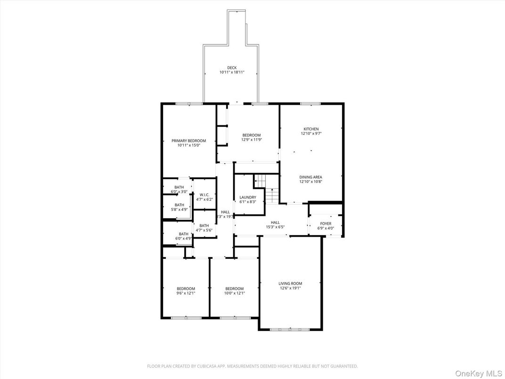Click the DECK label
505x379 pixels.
(x=232, y=68)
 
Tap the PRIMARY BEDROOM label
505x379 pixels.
(x=188, y=141)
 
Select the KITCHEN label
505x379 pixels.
(x=311, y=129)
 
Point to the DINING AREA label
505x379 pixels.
(x=311, y=177)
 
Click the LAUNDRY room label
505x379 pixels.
(x=248, y=198)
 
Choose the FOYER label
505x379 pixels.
(x=326, y=224)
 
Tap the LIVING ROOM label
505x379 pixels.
(x=290, y=283)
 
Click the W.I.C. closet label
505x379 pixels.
(x=204, y=195)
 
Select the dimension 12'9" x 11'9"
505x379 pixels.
(x=251, y=140)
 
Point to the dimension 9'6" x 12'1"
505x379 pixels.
(x=186, y=293)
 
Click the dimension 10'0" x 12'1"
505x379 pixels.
(x=234, y=293)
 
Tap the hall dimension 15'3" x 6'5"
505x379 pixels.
(x=275, y=227)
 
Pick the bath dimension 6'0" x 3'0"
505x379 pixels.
(x=179, y=192)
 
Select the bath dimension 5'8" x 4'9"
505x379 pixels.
(x=179, y=209)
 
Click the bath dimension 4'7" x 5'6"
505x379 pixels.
(x=204, y=230)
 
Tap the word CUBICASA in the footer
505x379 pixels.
(x=197, y=366)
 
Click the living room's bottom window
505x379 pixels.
(x=290, y=329)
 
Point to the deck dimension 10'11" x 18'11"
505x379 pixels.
(x=232, y=73)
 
